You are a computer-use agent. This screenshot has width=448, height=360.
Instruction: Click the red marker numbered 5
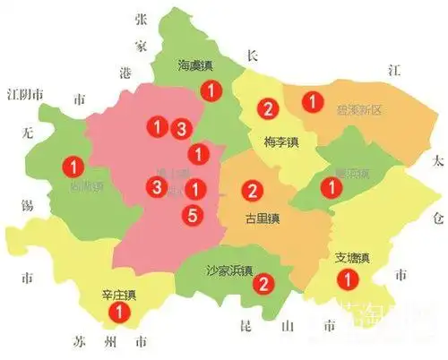tap(190, 215)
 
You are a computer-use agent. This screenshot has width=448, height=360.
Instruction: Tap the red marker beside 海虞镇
tap(210, 90)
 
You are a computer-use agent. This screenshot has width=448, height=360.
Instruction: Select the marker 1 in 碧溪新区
tap(312, 103)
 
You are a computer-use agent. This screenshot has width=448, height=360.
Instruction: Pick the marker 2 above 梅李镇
tap(266, 110)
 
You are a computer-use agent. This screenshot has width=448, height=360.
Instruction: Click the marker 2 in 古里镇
tap(253, 190)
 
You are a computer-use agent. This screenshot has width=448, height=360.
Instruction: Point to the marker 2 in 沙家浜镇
tap(263, 285)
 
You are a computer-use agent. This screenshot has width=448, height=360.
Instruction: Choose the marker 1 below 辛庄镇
tap(116, 313)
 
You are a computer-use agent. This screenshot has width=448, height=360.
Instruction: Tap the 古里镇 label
tap(263, 219)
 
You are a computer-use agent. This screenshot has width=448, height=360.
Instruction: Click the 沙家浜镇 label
tap(230, 271)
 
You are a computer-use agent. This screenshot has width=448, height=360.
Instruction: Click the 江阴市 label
tap(26, 94)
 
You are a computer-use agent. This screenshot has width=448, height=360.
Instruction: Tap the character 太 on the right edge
tap(436, 162)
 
